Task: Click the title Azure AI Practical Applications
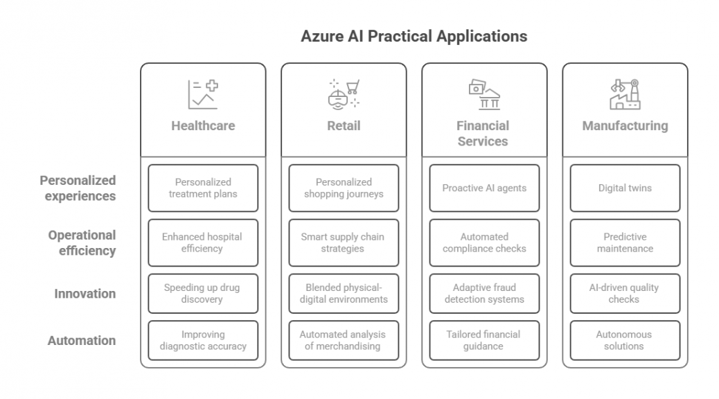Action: (414, 36)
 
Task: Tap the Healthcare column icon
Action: (203, 94)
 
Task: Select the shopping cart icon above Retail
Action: (344, 94)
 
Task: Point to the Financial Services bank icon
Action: (484, 94)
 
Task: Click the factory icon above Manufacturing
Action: (625, 94)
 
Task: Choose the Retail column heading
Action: (344, 125)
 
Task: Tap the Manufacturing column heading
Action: (625, 125)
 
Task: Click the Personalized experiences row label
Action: (78, 188)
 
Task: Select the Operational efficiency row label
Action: (82, 242)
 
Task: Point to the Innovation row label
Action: (85, 294)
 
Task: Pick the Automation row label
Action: (82, 340)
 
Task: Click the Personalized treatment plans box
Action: (203, 188)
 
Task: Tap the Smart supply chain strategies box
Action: (344, 242)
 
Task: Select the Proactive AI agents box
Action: (484, 188)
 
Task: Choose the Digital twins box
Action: (625, 188)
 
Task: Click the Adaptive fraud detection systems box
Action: (484, 294)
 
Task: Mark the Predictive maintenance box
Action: (625, 242)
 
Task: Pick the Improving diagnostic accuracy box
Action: (203, 340)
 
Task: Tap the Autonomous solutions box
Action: (625, 340)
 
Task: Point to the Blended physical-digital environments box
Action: (344, 294)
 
